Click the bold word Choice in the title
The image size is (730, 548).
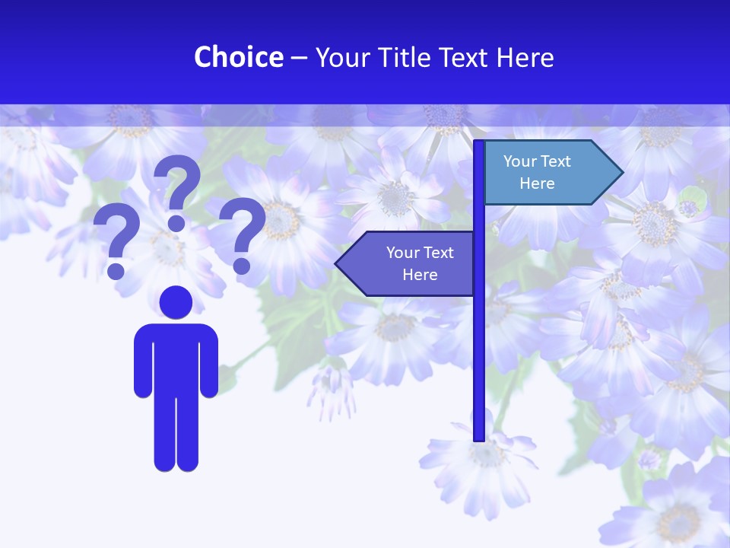(238, 57)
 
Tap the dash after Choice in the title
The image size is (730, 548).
(299, 58)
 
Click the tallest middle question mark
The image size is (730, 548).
(177, 190)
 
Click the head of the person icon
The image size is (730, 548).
(176, 302)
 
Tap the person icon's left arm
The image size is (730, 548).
(142, 362)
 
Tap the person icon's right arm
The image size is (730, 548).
(210, 362)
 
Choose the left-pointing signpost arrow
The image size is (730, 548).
(407, 263)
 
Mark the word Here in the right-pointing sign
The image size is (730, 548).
(537, 183)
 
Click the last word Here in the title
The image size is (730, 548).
(525, 57)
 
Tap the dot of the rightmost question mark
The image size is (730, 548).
(242, 266)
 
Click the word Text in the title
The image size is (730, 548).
(465, 57)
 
